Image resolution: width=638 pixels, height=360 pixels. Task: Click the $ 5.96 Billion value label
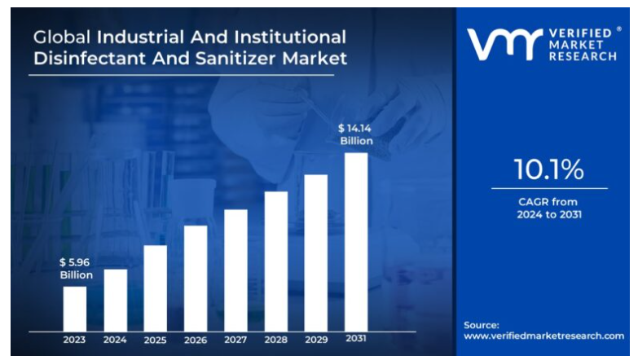pos(75,269)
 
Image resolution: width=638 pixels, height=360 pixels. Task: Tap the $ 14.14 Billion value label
pos(356,134)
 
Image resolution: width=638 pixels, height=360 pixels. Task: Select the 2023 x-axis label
pos(75,339)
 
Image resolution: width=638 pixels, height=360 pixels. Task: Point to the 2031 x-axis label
pos(356,339)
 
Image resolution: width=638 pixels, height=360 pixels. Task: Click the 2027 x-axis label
pos(235,339)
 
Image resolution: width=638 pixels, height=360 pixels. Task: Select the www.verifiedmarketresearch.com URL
pos(543,336)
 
